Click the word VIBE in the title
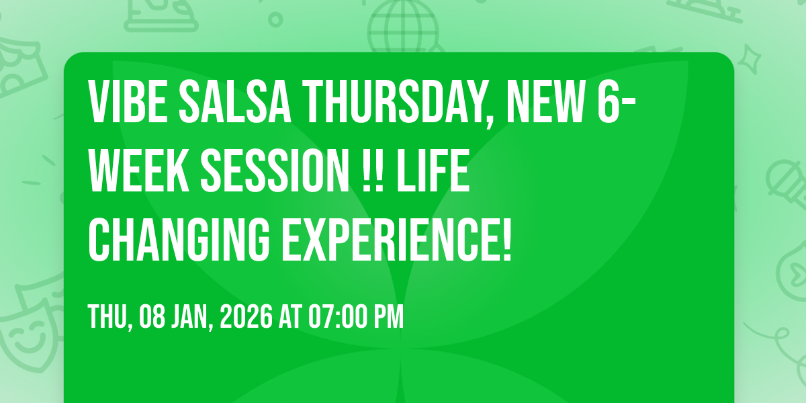tap(128, 102)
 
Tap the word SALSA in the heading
tap(235, 102)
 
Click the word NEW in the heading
tap(545, 102)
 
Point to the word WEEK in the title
tap(139, 171)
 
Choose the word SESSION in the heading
tap(275, 171)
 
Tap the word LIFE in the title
tap(433, 171)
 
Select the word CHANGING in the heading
tap(179, 239)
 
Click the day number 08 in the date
tap(152, 316)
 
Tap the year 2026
tap(246, 316)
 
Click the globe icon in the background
tap(403, 26)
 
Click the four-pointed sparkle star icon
tap(750, 59)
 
